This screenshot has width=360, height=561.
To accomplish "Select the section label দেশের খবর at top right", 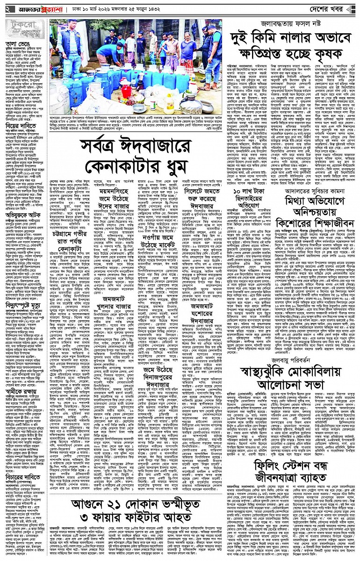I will [x=333, y=9].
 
